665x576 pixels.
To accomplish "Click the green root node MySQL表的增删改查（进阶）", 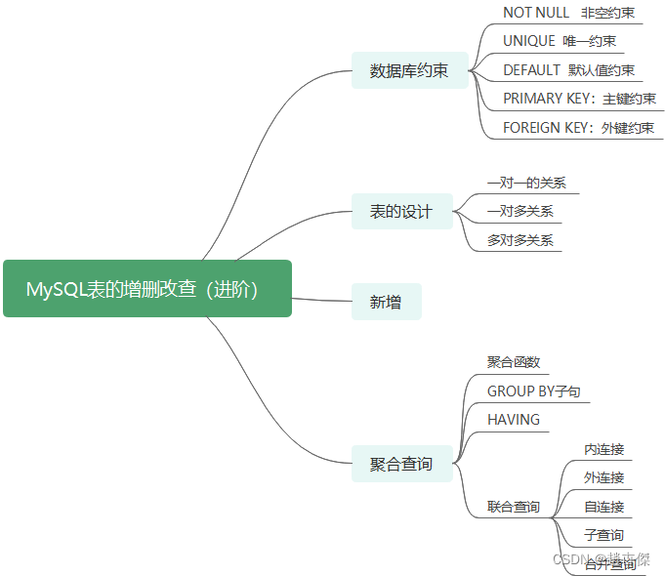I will click(147, 289).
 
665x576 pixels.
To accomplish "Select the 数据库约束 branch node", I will click(409, 71).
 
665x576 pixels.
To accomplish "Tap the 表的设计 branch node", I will click(400, 212).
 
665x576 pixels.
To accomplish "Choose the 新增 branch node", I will click(386, 303).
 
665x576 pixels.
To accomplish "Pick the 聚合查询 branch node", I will click(400, 464).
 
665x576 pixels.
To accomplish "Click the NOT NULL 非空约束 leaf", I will click(568, 13).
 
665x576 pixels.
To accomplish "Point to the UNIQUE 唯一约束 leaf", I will click(560, 41).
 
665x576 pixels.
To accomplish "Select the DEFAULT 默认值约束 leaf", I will click(568, 70).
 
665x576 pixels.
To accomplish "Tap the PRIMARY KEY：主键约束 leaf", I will click(579, 99).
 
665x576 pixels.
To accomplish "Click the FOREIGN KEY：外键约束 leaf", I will click(578, 128).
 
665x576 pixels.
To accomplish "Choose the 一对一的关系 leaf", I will click(526, 183).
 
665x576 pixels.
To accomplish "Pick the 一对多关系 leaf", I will click(520, 211).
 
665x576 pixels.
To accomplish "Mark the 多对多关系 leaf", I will click(520, 240).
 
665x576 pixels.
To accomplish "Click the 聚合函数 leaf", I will click(514, 362).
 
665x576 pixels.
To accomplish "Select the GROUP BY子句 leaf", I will click(533, 391).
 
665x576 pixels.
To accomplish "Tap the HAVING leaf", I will click(514, 420).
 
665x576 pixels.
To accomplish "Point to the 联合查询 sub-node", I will click(514, 507).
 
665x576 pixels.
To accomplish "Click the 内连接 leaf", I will click(603, 449).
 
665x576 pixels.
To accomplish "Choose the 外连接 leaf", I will click(603, 477).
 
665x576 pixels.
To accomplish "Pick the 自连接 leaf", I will click(603, 507).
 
